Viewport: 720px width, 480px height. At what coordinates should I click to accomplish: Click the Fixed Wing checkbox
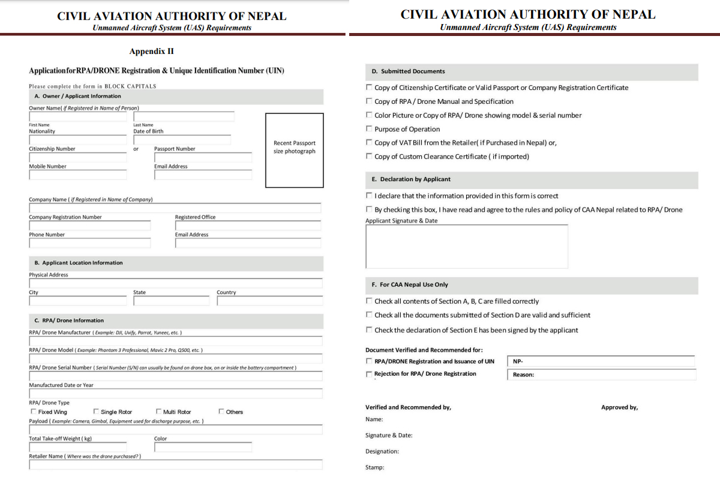coord(32,412)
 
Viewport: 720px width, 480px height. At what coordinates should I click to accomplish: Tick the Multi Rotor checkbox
coord(158,412)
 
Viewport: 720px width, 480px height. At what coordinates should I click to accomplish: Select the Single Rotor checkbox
coord(96,412)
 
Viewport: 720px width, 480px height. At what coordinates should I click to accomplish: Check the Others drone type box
coord(221,412)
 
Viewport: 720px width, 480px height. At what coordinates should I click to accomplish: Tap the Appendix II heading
coord(151,52)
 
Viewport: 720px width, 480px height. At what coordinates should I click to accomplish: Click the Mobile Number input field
coord(78,175)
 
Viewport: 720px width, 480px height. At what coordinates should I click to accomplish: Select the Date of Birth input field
coord(182,140)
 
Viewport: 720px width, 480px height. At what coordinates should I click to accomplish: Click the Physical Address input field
coord(175,283)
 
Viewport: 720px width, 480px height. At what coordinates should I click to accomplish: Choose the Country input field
coord(269,301)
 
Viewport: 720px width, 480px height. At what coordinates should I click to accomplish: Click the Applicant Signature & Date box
coord(466,247)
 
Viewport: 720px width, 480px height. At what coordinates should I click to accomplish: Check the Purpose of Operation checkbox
coord(369,129)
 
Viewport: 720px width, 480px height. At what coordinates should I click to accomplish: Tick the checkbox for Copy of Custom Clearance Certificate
coord(369,157)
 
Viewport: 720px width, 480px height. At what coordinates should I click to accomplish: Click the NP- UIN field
coord(601,361)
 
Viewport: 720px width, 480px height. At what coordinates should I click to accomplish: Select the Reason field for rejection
coord(602,374)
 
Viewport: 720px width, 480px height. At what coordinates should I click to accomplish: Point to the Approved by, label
coord(619,407)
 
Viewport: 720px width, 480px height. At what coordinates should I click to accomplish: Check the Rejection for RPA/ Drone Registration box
coord(369,374)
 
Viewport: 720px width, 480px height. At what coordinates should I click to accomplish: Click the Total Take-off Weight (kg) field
coord(78,447)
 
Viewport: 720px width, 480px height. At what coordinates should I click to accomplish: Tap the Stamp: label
coord(375,467)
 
